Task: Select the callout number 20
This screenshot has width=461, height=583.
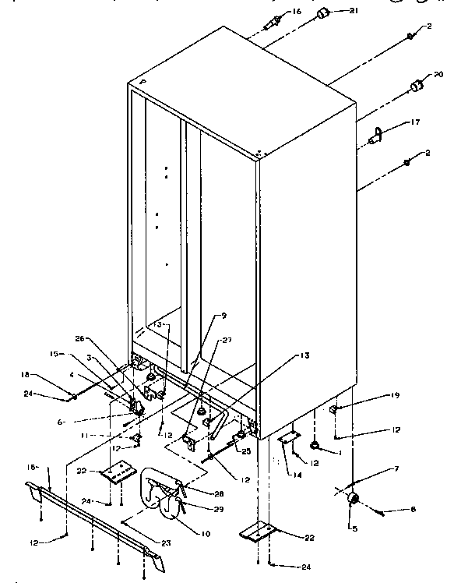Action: (x=438, y=75)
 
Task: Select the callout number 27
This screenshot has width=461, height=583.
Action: (x=227, y=340)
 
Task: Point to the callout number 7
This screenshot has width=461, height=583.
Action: (x=396, y=470)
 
